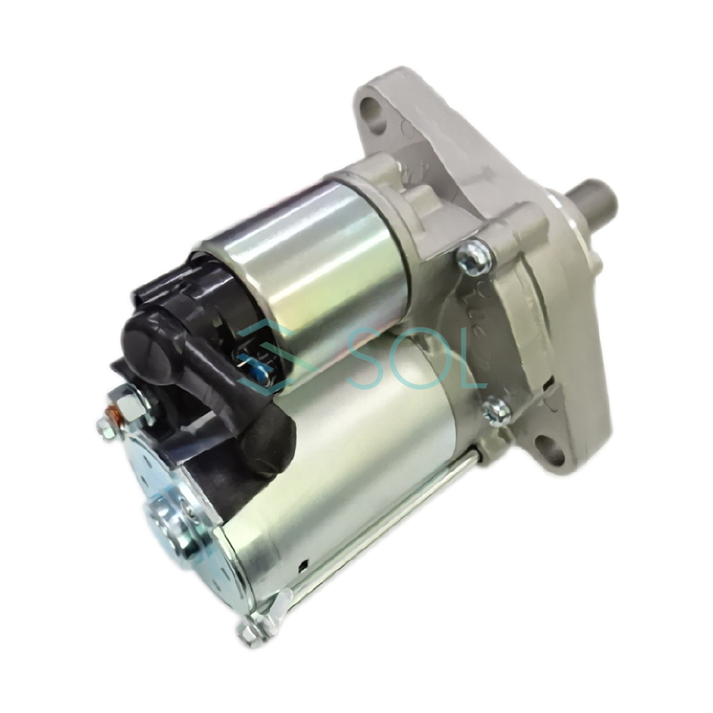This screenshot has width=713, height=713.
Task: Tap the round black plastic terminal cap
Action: coord(147,335)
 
